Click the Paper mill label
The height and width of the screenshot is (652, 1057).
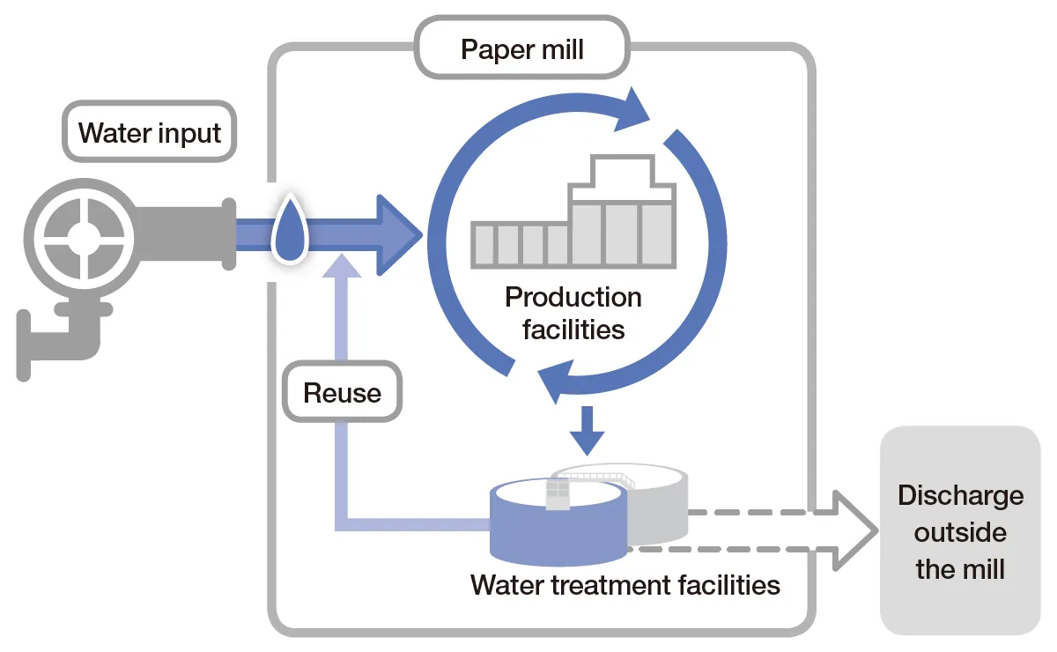(x=522, y=49)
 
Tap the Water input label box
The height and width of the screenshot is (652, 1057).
(x=149, y=134)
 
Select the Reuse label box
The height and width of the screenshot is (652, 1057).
(x=342, y=392)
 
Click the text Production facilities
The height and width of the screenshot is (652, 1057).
(x=573, y=313)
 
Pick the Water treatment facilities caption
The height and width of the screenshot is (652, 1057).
(x=625, y=585)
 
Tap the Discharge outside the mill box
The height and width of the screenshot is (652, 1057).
(x=960, y=531)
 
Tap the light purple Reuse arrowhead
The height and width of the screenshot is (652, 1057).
(x=342, y=264)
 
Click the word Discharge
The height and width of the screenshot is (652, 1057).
(x=960, y=495)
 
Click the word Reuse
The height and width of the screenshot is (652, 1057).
(x=342, y=392)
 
